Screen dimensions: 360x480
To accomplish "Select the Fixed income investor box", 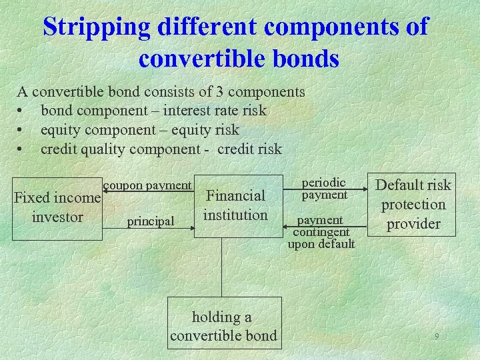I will coord(57,207).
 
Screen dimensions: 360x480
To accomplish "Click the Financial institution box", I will coord(235,205).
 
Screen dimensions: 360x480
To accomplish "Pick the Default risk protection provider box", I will coord(413,205).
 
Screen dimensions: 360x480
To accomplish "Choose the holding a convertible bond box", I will coord(223,326).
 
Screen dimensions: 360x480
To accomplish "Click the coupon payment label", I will coord(148,185).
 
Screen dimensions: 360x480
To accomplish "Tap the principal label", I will coord(151,221).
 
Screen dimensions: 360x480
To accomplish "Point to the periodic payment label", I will coord(324,188).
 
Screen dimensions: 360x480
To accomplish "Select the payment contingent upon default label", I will coord(321,232).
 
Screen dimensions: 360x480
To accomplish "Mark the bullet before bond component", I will coord(22,111).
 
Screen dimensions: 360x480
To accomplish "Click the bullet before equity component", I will coord(22,130).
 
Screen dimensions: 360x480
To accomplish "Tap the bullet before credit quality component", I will coord(22,149).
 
